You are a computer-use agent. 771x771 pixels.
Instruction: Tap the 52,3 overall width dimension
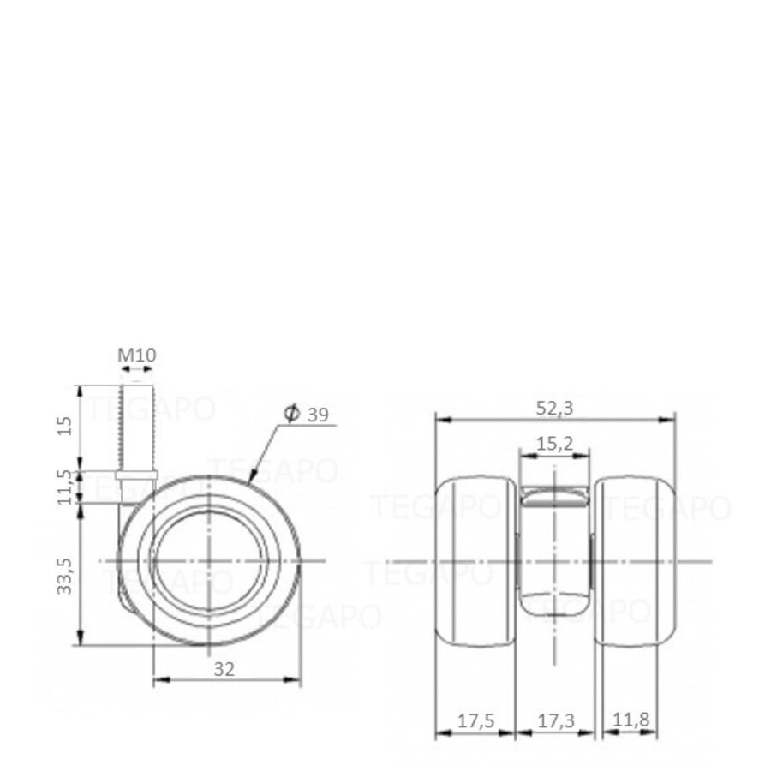555,409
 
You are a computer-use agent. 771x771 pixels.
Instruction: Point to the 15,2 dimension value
554,444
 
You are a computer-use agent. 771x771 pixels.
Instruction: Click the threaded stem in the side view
137,424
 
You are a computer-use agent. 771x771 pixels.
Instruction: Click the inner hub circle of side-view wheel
209,560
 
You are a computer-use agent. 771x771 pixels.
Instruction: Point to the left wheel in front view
476,560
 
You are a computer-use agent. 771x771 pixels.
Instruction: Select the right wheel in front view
633,560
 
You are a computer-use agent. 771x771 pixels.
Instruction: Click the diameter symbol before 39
290,415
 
